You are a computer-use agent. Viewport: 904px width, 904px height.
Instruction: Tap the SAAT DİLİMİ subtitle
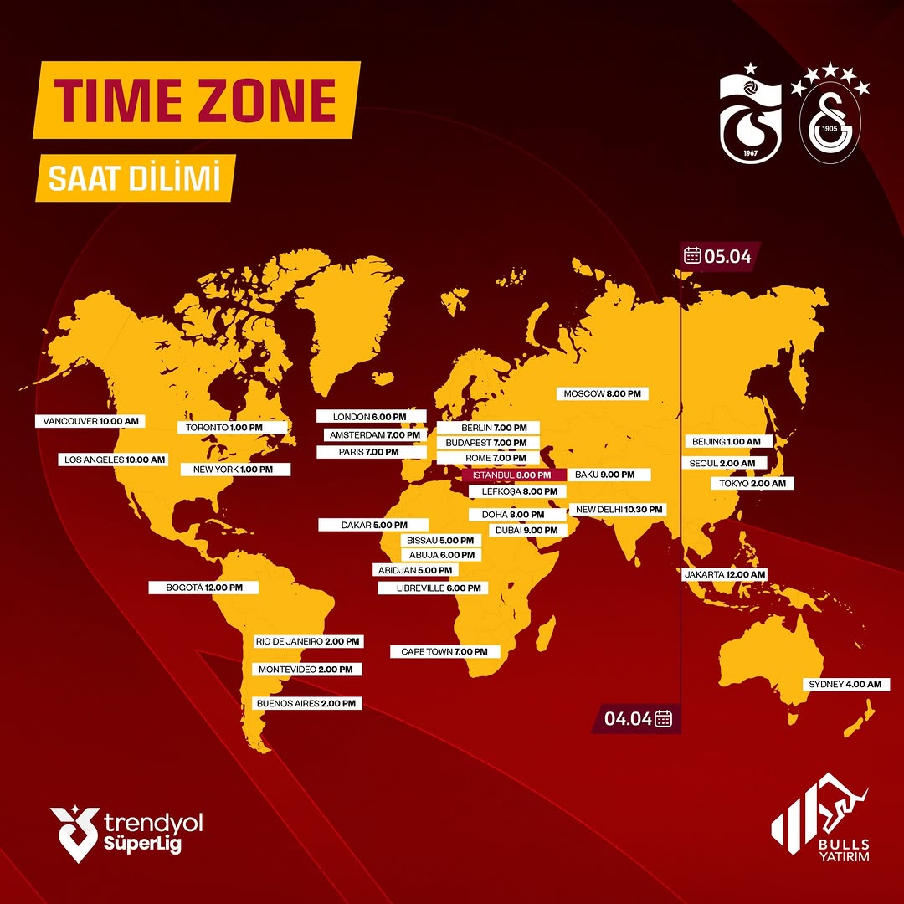click(135, 179)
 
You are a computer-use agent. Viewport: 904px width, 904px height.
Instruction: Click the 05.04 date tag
click(718, 255)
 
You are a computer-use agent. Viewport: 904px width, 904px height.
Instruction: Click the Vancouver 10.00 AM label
click(90, 421)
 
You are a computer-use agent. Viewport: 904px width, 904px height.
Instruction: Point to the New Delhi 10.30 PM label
click(618, 509)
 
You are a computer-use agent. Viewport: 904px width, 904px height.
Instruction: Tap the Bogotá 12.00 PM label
click(203, 588)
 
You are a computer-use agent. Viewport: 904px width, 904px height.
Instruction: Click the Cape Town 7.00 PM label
click(444, 651)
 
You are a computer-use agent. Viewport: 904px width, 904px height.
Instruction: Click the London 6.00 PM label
click(371, 416)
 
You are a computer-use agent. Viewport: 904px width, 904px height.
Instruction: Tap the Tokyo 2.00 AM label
click(751, 483)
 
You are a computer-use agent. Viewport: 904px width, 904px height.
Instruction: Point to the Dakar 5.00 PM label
click(373, 525)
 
